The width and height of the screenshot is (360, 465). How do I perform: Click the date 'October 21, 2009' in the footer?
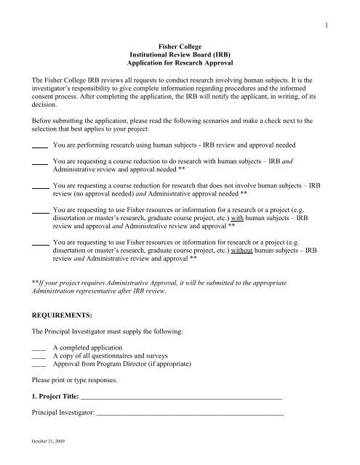point(46,458)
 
